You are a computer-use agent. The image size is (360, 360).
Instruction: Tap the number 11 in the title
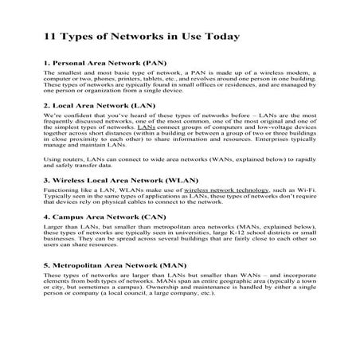click(x=50, y=37)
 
